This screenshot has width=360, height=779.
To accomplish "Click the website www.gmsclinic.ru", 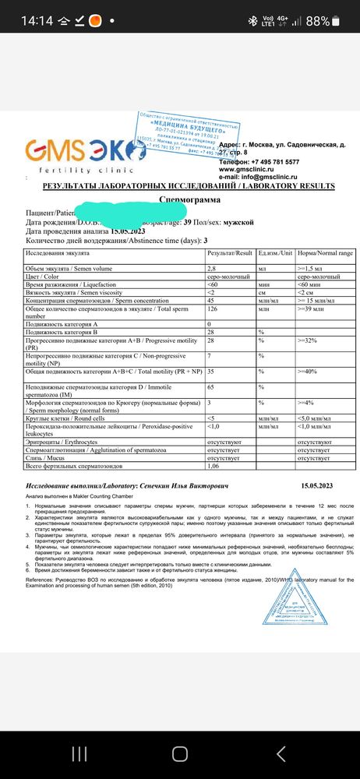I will click(x=246, y=168).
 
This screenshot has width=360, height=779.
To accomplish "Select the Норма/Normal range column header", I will click(x=325, y=253).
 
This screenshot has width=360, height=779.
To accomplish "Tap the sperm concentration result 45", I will click(x=211, y=299).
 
